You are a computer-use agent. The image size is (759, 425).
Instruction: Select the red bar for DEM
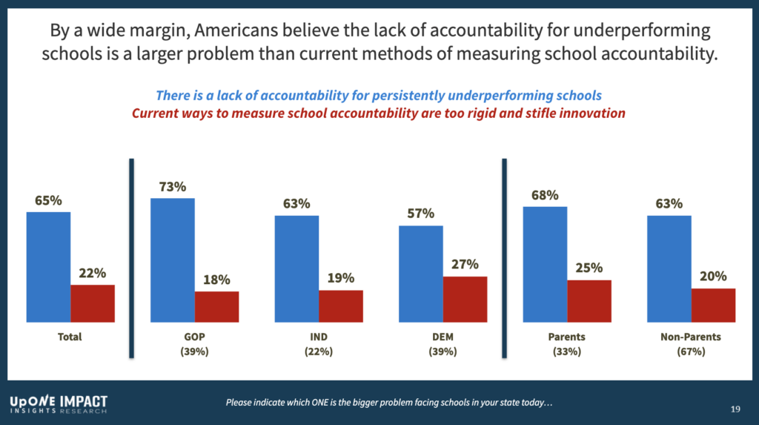(465, 299)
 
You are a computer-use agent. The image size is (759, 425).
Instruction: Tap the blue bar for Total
(48, 267)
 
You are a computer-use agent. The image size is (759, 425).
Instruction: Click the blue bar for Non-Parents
(669, 268)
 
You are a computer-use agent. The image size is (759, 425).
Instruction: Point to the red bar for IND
(341, 306)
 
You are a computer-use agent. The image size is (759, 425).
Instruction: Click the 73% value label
(172, 187)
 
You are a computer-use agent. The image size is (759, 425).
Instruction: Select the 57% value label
(421, 214)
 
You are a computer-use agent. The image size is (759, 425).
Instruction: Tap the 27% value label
(465, 264)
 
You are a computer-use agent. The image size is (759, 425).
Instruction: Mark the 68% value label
(545, 195)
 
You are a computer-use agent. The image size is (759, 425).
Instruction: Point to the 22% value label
(93, 273)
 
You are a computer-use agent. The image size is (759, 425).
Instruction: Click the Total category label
(70, 337)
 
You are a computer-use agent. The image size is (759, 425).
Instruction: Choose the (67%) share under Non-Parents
(691, 352)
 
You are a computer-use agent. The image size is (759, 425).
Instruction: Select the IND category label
(319, 337)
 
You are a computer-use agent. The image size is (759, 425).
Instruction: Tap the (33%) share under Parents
(567, 352)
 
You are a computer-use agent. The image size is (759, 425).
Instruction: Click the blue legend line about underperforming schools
(378, 96)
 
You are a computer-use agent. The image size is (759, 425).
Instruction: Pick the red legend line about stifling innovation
(378, 114)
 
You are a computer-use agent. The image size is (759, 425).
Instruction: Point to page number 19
(735, 409)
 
